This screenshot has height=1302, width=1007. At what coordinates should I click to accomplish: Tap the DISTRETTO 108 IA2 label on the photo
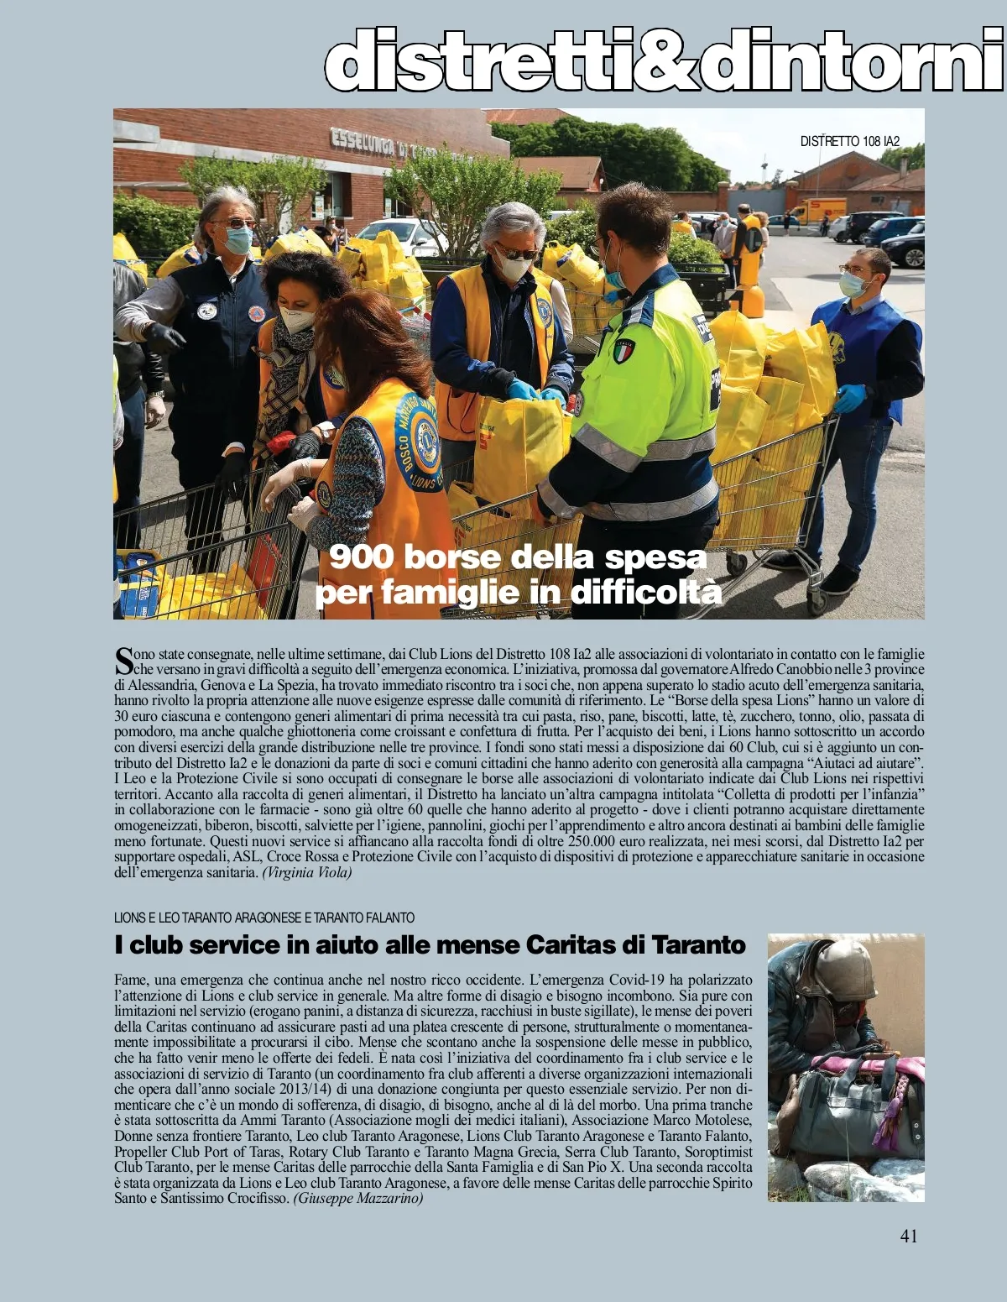849,141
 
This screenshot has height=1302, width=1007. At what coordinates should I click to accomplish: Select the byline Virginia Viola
307,872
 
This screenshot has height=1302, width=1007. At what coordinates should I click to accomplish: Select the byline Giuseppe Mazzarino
358,1199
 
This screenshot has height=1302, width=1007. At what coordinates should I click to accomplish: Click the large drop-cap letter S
123,659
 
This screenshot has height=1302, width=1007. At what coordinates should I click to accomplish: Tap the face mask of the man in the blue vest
854,285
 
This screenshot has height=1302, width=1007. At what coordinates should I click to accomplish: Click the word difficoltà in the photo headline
646,593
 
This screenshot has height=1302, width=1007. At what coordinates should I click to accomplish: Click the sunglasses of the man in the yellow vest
510,253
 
